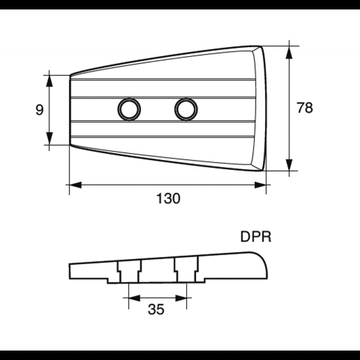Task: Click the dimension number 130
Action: [168, 198]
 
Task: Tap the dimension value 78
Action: [305, 108]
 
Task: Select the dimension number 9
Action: [40, 110]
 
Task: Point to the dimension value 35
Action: [156, 309]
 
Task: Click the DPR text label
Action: [256, 237]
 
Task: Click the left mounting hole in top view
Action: [129, 109]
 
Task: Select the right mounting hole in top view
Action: [186, 109]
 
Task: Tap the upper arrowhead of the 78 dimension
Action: [289, 53]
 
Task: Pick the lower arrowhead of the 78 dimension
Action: [289, 165]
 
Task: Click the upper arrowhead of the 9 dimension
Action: [49, 81]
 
